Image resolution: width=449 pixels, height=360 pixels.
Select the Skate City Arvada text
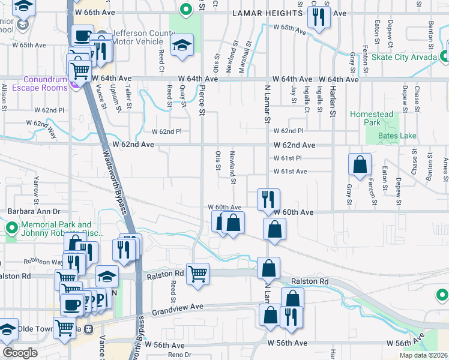point(405,57)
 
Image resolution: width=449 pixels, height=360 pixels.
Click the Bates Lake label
point(397,136)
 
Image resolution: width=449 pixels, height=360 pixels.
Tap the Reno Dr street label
point(179,355)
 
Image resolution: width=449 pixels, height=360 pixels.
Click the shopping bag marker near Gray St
point(360,164)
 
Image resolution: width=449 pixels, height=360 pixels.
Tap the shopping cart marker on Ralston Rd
point(197,274)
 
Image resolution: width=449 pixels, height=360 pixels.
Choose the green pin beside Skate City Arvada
point(445,56)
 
